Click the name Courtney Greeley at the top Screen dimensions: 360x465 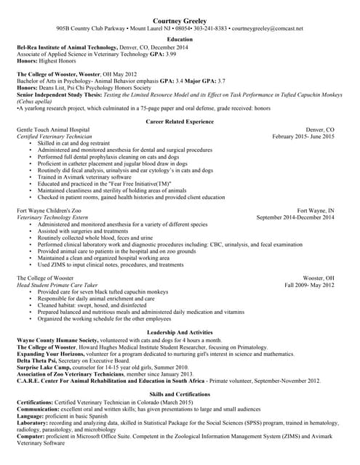click(180, 22)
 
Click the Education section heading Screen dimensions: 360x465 click(180, 39)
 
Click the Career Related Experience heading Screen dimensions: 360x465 click(180, 121)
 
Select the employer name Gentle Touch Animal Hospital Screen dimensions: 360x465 click(53, 129)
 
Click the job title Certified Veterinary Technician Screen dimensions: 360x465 click(54, 137)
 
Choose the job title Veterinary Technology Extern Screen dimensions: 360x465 click(52, 217)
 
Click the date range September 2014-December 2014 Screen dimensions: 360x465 click(295, 217)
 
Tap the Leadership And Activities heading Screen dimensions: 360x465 click(180, 332)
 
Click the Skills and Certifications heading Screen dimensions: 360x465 click(180, 394)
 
